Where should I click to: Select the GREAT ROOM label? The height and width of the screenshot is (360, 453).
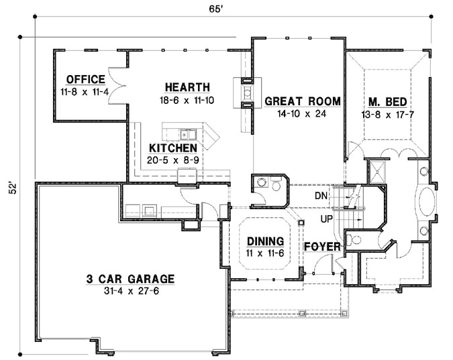[302, 101]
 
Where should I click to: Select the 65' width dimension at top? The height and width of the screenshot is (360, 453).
[215, 9]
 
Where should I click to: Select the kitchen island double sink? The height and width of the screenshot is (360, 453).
[187, 133]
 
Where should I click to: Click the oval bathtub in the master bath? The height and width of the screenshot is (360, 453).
[425, 202]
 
